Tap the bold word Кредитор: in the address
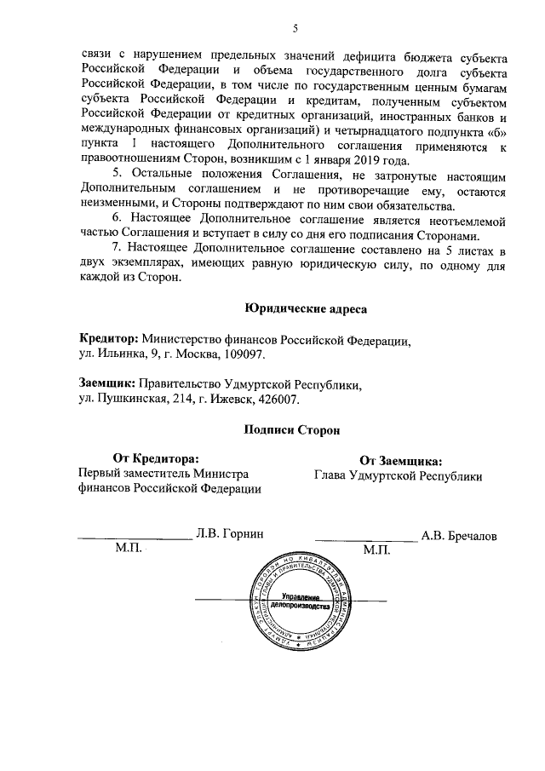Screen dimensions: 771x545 [x=108, y=339]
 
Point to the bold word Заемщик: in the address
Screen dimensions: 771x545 [x=106, y=384]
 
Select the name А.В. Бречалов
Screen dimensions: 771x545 [x=459, y=536]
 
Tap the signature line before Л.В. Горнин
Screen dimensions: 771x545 [x=135, y=538]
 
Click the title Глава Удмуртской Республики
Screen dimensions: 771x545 [x=398, y=476]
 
